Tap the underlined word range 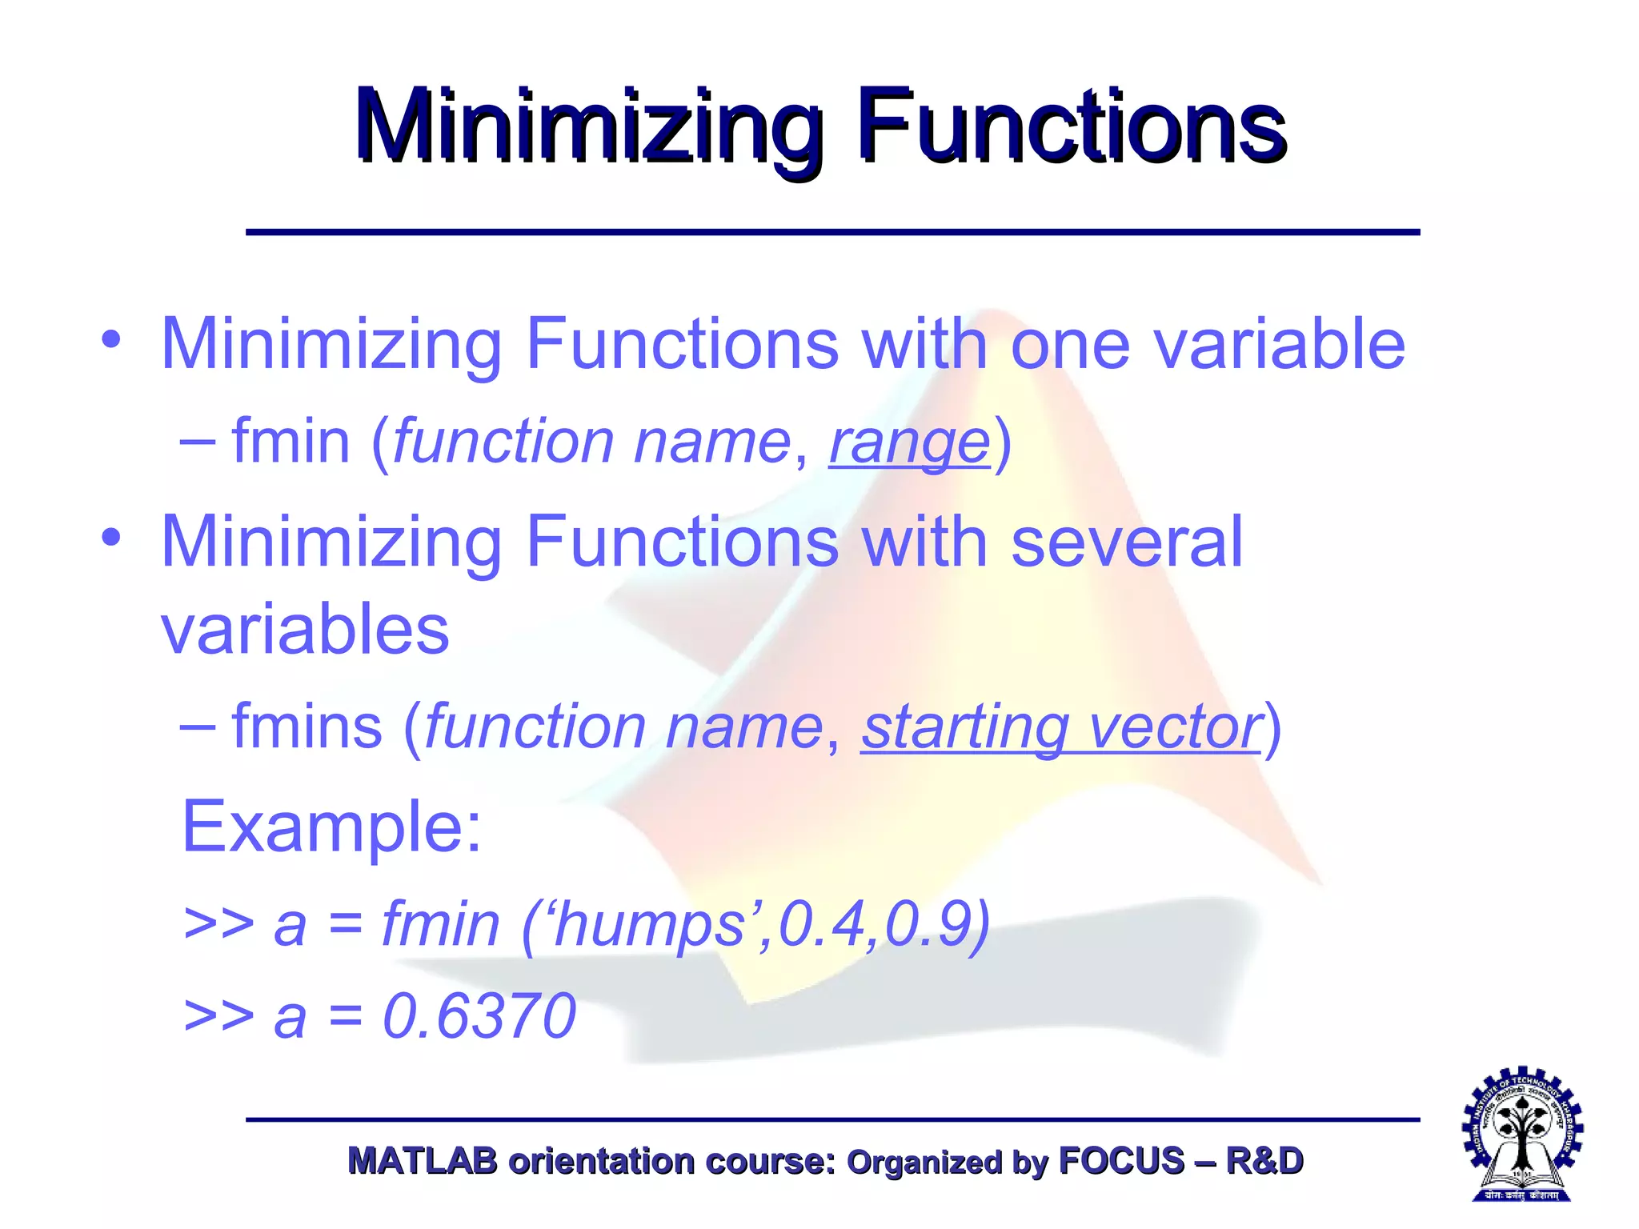click(910, 442)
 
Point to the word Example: click(332, 827)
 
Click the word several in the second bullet click(1127, 542)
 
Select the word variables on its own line click(305, 629)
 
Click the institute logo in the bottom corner click(1522, 1135)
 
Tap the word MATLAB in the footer click(423, 1161)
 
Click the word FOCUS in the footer click(1121, 1161)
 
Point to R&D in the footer click(1264, 1161)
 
